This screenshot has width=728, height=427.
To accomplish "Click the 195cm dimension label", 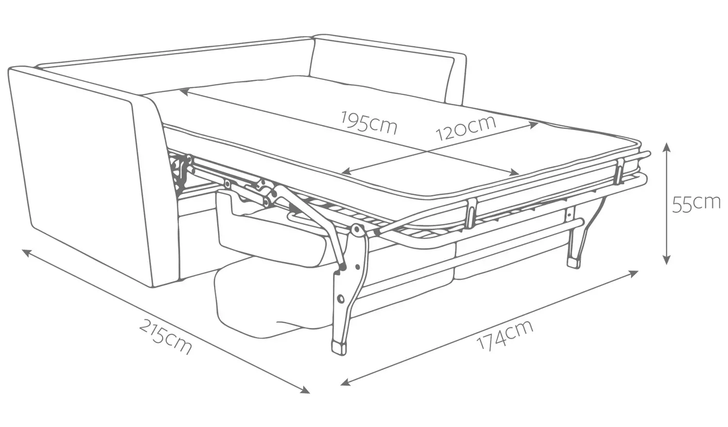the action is tap(369, 123).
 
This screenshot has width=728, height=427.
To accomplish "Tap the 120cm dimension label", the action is tap(465, 128).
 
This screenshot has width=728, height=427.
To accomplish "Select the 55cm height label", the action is tap(696, 204).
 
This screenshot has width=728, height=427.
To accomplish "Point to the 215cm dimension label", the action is tap(165, 337).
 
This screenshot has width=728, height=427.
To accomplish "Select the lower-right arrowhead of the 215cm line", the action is tap(305, 390).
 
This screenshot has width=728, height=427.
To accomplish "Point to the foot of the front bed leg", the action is tap(339, 347).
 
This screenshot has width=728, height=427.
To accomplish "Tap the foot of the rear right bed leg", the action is tap(574, 263).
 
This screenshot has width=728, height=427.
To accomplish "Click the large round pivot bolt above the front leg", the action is tap(357, 230).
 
